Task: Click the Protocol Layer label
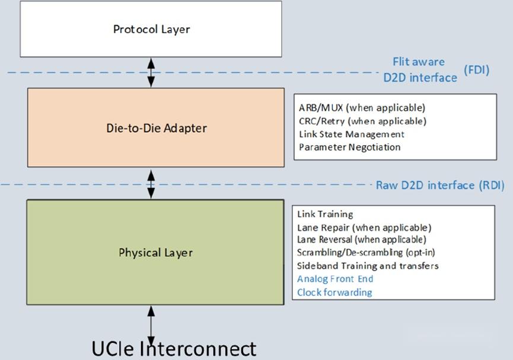[x=151, y=29]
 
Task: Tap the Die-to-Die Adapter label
[x=152, y=128]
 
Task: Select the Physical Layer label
[x=155, y=253]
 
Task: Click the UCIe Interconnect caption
[x=174, y=348]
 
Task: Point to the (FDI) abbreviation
[x=476, y=70]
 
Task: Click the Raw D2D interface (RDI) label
[x=439, y=185]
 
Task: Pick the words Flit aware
[x=418, y=62]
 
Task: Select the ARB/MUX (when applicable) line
[x=362, y=108]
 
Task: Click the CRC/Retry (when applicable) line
[x=362, y=121]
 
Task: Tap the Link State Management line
[x=351, y=134]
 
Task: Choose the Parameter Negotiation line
[x=349, y=147]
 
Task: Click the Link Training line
[x=325, y=214]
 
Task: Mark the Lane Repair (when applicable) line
[x=364, y=227]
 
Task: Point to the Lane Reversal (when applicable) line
[x=361, y=240]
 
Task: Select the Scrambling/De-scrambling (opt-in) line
[x=366, y=253]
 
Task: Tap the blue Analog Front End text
[x=335, y=279]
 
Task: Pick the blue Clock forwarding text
[x=334, y=292]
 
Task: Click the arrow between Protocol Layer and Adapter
[x=151, y=72]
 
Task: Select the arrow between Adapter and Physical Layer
[x=151, y=184]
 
